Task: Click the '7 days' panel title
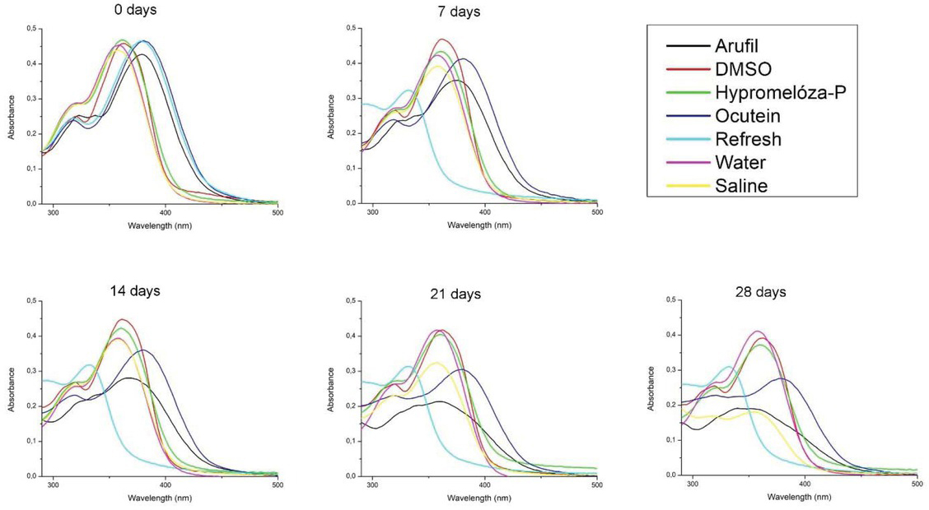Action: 459,12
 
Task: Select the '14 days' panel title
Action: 135,290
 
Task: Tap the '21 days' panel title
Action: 455,294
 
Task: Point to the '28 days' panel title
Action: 763,292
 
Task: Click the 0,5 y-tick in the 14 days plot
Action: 31,301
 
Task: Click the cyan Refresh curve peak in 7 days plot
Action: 408,90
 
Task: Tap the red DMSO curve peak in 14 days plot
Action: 122,319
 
